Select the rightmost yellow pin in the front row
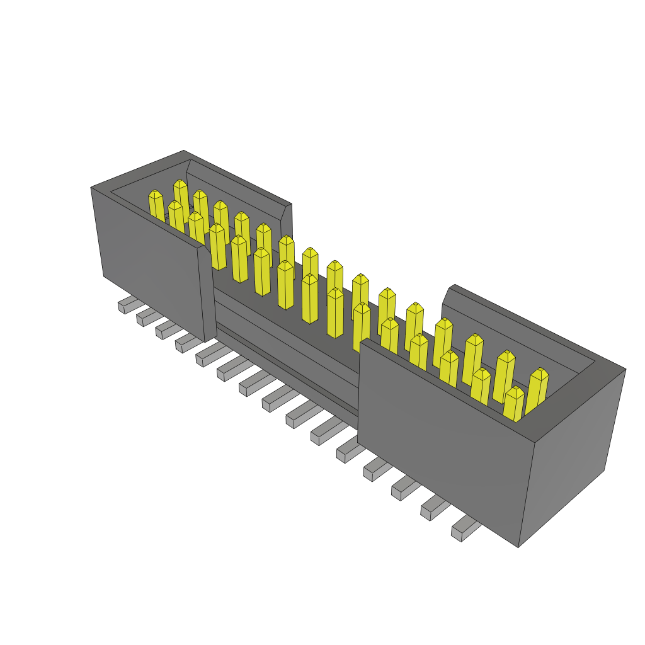click(514, 404)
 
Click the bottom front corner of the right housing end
click(518, 545)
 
